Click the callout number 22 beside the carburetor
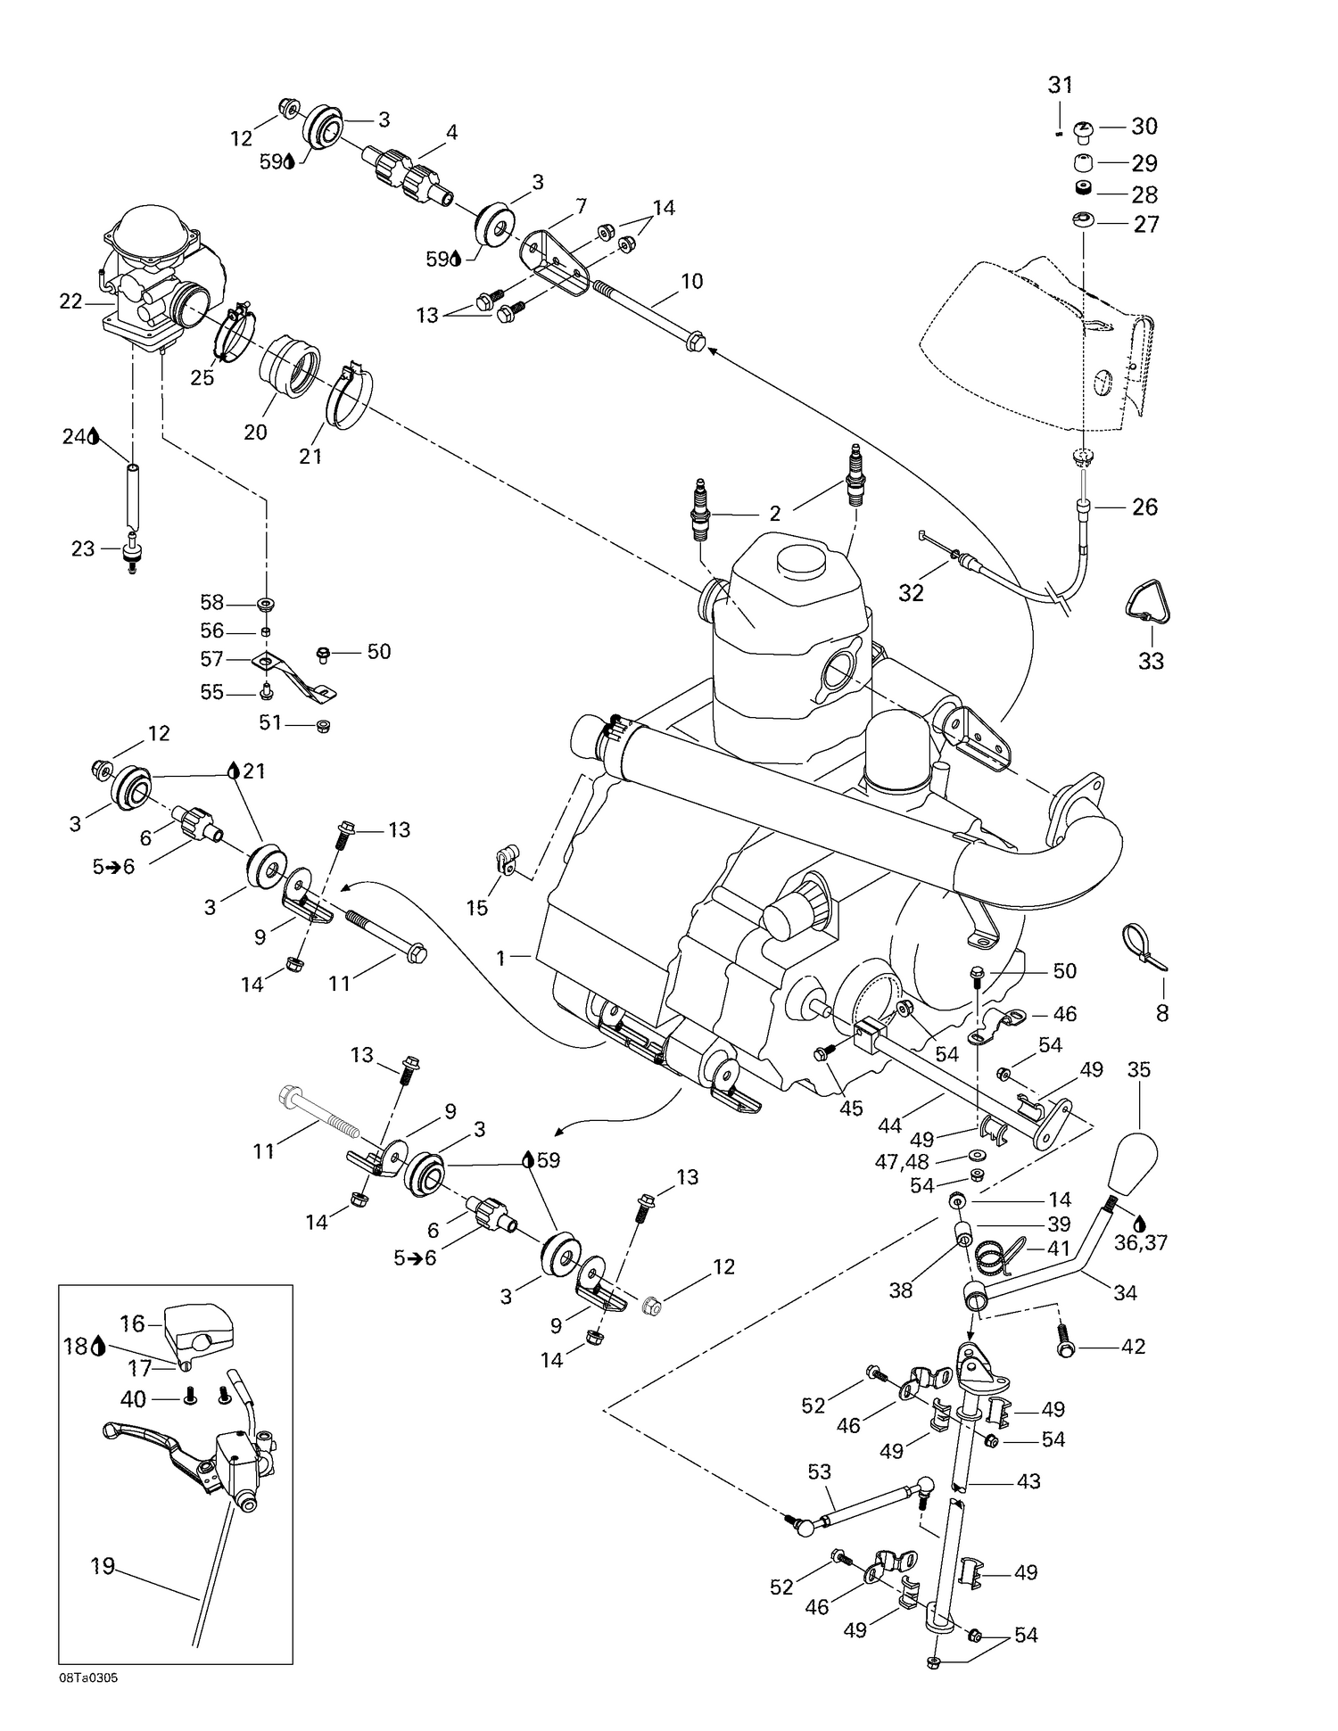tap(70, 301)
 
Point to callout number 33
tap(1151, 661)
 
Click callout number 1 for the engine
tap(501, 958)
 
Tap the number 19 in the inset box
tap(103, 1565)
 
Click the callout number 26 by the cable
tap(1144, 507)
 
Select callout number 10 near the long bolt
tap(691, 281)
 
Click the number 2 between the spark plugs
tap(774, 513)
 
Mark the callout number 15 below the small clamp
tap(477, 908)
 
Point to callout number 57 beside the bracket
tap(211, 660)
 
